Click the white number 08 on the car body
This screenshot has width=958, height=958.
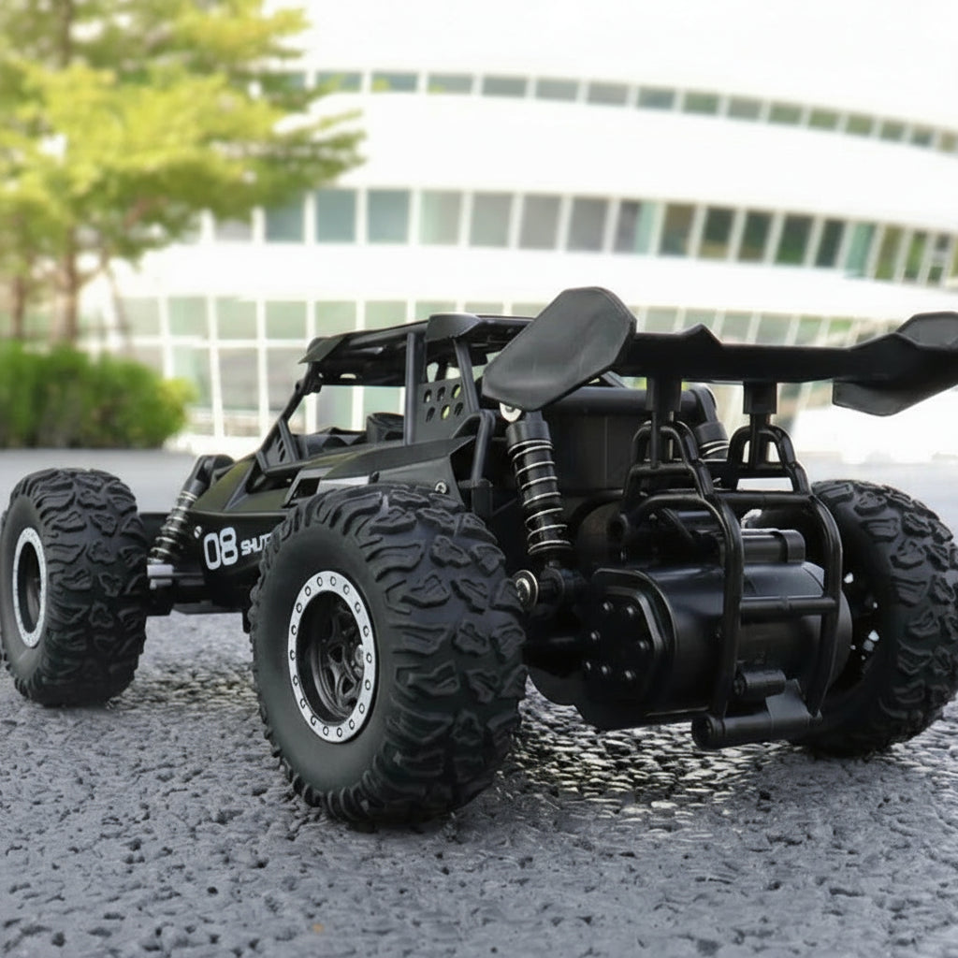220,548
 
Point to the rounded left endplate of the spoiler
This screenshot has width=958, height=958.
559,346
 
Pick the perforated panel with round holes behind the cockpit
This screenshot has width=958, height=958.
443,400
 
